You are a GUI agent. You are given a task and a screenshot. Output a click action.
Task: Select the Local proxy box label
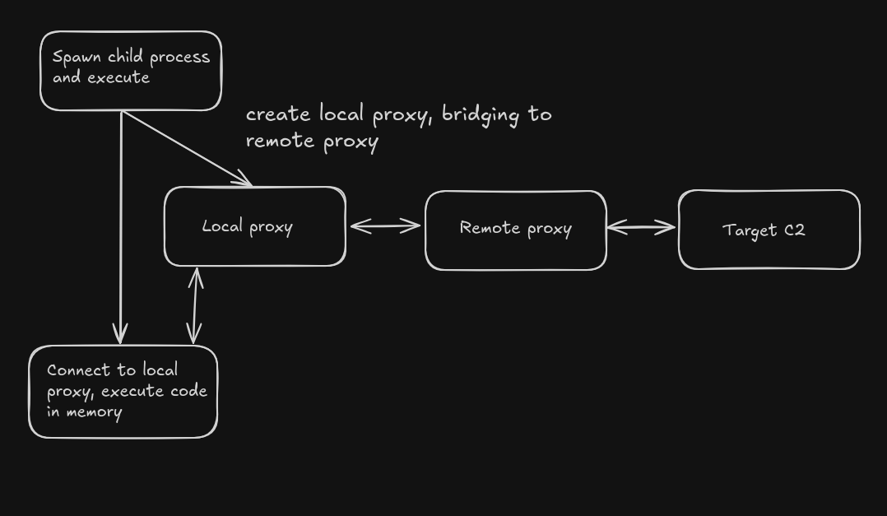pos(247,226)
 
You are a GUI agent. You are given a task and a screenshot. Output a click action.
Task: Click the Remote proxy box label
pos(515,228)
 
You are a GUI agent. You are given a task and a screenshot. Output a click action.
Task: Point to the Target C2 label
pos(764,230)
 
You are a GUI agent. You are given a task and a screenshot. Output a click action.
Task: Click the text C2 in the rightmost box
pos(794,230)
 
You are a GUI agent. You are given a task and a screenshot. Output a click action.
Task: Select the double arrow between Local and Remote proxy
pos(385,226)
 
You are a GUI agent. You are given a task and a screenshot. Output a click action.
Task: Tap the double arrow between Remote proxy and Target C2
pos(641,227)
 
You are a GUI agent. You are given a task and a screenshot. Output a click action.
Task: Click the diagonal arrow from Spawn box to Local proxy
pos(187,148)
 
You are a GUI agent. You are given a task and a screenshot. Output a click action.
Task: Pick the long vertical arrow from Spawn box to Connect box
pos(120,227)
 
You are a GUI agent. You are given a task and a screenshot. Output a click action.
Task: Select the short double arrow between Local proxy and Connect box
pos(195,305)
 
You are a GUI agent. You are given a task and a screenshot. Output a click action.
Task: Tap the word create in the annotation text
pos(278,114)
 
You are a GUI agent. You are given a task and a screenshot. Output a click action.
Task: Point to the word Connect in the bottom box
pos(79,370)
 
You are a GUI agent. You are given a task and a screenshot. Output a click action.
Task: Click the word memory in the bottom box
pos(94,412)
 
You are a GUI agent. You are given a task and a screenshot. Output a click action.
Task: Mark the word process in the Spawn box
pos(180,58)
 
